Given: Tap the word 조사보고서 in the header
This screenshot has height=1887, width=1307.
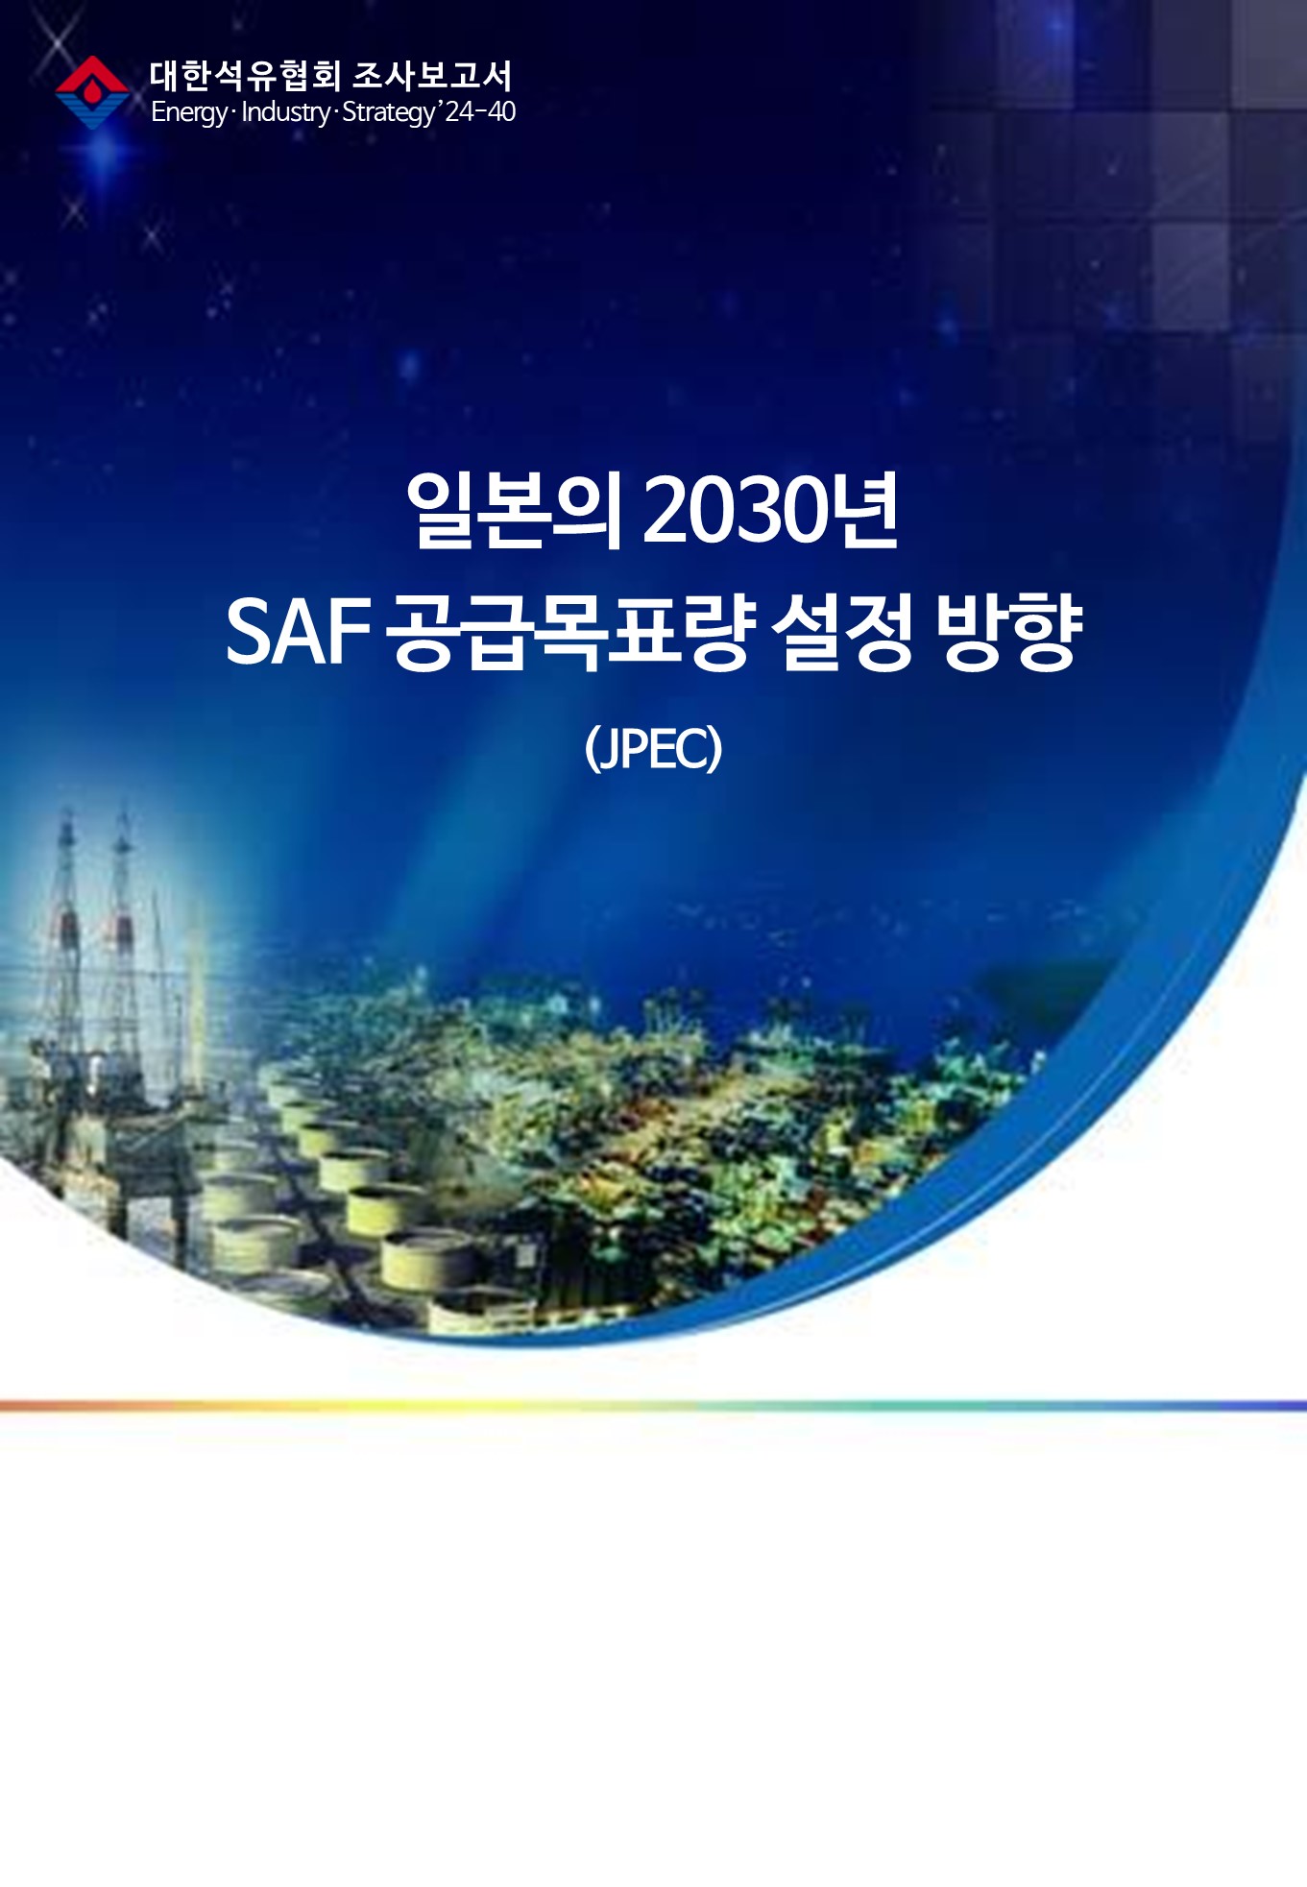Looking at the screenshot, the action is tap(433, 76).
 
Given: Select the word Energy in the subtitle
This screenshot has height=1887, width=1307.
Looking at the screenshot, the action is tap(189, 112).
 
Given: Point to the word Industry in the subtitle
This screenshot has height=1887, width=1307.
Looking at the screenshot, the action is tap(285, 112).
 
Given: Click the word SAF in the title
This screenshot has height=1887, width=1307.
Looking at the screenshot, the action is tap(299, 631).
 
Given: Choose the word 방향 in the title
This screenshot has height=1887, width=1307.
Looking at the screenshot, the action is tap(1008, 631).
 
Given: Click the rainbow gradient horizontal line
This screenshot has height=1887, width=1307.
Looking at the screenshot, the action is tap(653, 1406).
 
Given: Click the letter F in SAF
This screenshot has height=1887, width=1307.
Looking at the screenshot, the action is tap(351, 631).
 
